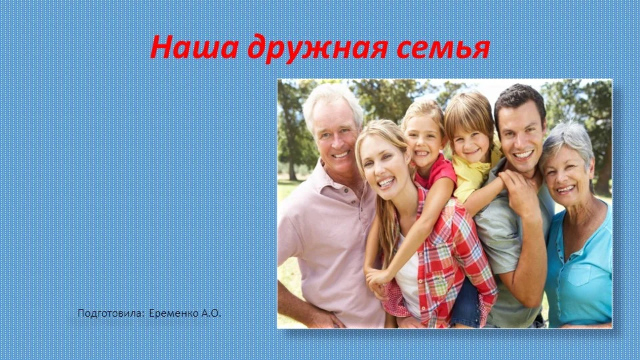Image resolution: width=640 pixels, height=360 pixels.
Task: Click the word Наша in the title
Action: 194,47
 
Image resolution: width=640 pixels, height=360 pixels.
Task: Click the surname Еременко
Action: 174,313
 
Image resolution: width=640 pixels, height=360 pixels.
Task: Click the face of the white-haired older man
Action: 337,137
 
